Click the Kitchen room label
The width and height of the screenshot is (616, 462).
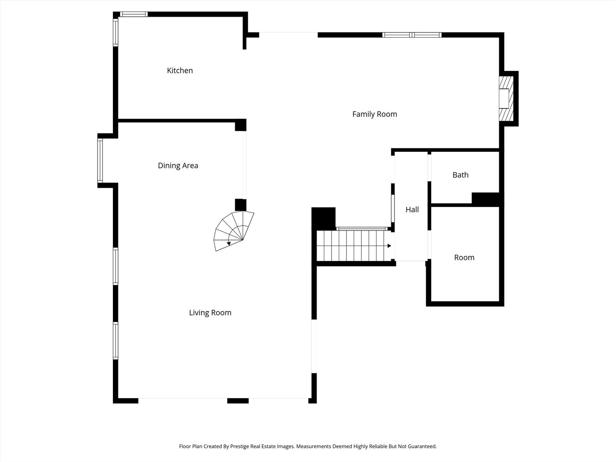(x=180, y=71)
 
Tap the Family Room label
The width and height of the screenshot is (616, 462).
(x=375, y=114)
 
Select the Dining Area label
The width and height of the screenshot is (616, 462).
(x=178, y=166)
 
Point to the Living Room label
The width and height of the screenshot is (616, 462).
(x=210, y=312)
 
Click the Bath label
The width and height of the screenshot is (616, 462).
(x=461, y=175)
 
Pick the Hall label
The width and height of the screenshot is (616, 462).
(x=412, y=210)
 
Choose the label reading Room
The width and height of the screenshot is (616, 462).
(x=464, y=258)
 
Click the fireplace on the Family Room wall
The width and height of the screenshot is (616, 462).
(x=506, y=98)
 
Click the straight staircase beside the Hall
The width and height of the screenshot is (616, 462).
(x=354, y=246)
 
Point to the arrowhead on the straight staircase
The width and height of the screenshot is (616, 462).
(x=389, y=246)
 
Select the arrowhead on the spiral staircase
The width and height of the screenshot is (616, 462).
(x=229, y=243)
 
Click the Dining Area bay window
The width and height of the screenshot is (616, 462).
(x=100, y=160)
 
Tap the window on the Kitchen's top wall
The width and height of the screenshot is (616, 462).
(x=134, y=14)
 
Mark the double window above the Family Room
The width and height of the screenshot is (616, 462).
(x=412, y=35)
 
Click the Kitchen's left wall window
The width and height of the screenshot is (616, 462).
(x=115, y=32)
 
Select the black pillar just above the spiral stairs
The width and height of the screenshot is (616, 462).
(x=240, y=205)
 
